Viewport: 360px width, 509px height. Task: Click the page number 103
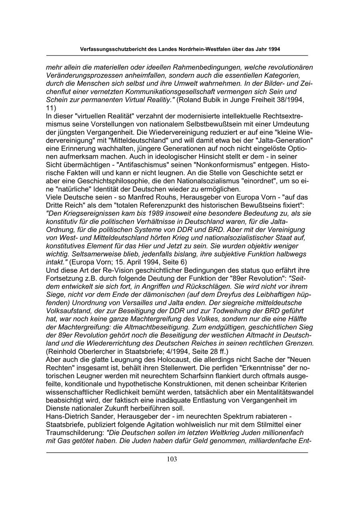172,459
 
